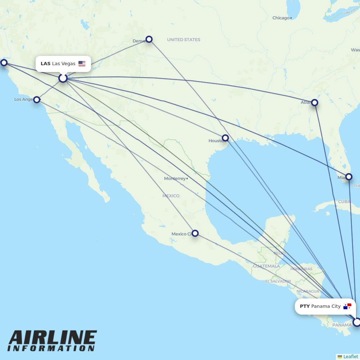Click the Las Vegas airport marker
click(x=63, y=78)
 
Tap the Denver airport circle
click(x=149, y=39)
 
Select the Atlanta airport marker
click(x=315, y=103)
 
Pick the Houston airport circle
click(x=225, y=138)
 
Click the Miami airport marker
click(x=348, y=177)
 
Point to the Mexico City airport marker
click(x=195, y=233)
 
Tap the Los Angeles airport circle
click(x=37, y=100)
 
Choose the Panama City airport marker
click(x=356, y=322)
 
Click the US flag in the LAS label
click(x=82, y=64)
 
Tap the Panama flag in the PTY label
click(x=347, y=306)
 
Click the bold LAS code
click(x=45, y=64)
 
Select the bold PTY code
click(x=305, y=306)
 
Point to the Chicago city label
click(x=281, y=18)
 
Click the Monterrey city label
click(x=175, y=179)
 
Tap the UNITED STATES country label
click(x=184, y=40)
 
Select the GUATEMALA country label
click(x=266, y=266)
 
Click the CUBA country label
click(x=344, y=202)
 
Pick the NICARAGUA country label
click(x=308, y=291)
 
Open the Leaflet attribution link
click(x=350, y=356)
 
